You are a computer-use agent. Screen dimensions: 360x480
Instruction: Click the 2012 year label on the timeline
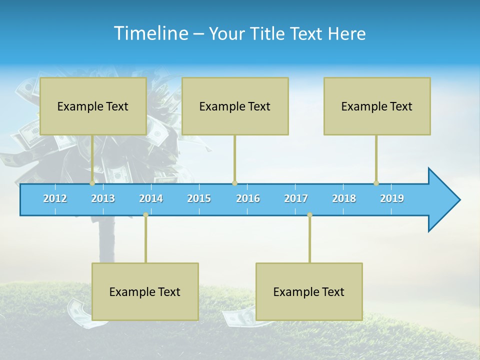pos(55,198)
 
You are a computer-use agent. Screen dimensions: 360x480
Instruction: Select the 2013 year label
pos(103,198)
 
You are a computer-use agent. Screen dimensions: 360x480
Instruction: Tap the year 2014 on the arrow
pos(151,198)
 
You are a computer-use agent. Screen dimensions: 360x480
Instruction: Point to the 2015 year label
pos(199,198)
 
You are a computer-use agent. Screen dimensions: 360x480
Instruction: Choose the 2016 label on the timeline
pos(248,198)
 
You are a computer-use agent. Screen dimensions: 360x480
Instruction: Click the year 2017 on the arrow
pos(296,198)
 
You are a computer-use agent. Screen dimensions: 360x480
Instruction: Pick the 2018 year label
pos(344,198)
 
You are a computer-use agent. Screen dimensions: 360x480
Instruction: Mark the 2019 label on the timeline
pos(392,198)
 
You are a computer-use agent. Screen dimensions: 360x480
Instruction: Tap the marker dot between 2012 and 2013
pos(92,183)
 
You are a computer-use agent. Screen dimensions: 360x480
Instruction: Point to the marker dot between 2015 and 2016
pos(234,183)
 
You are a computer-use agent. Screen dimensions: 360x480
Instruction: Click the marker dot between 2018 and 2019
pos(376,183)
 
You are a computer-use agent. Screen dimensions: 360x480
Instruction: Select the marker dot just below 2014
pos(145,215)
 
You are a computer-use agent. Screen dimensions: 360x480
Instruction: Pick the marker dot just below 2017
pos(309,215)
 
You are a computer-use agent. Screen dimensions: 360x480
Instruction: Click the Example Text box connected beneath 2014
pos(145,291)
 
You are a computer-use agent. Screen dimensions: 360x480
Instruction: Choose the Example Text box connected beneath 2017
pos(309,291)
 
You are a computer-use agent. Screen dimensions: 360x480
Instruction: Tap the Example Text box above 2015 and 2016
pos(235,106)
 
